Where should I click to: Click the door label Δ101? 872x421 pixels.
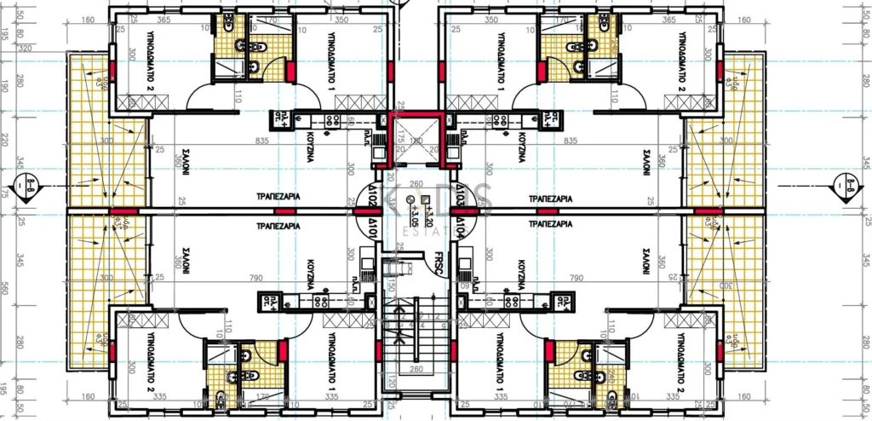(x=372, y=228)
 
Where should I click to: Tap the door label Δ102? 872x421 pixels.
(x=372, y=194)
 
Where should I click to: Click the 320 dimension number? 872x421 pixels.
(x=25, y=49)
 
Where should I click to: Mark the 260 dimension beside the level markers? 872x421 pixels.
(x=415, y=183)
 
